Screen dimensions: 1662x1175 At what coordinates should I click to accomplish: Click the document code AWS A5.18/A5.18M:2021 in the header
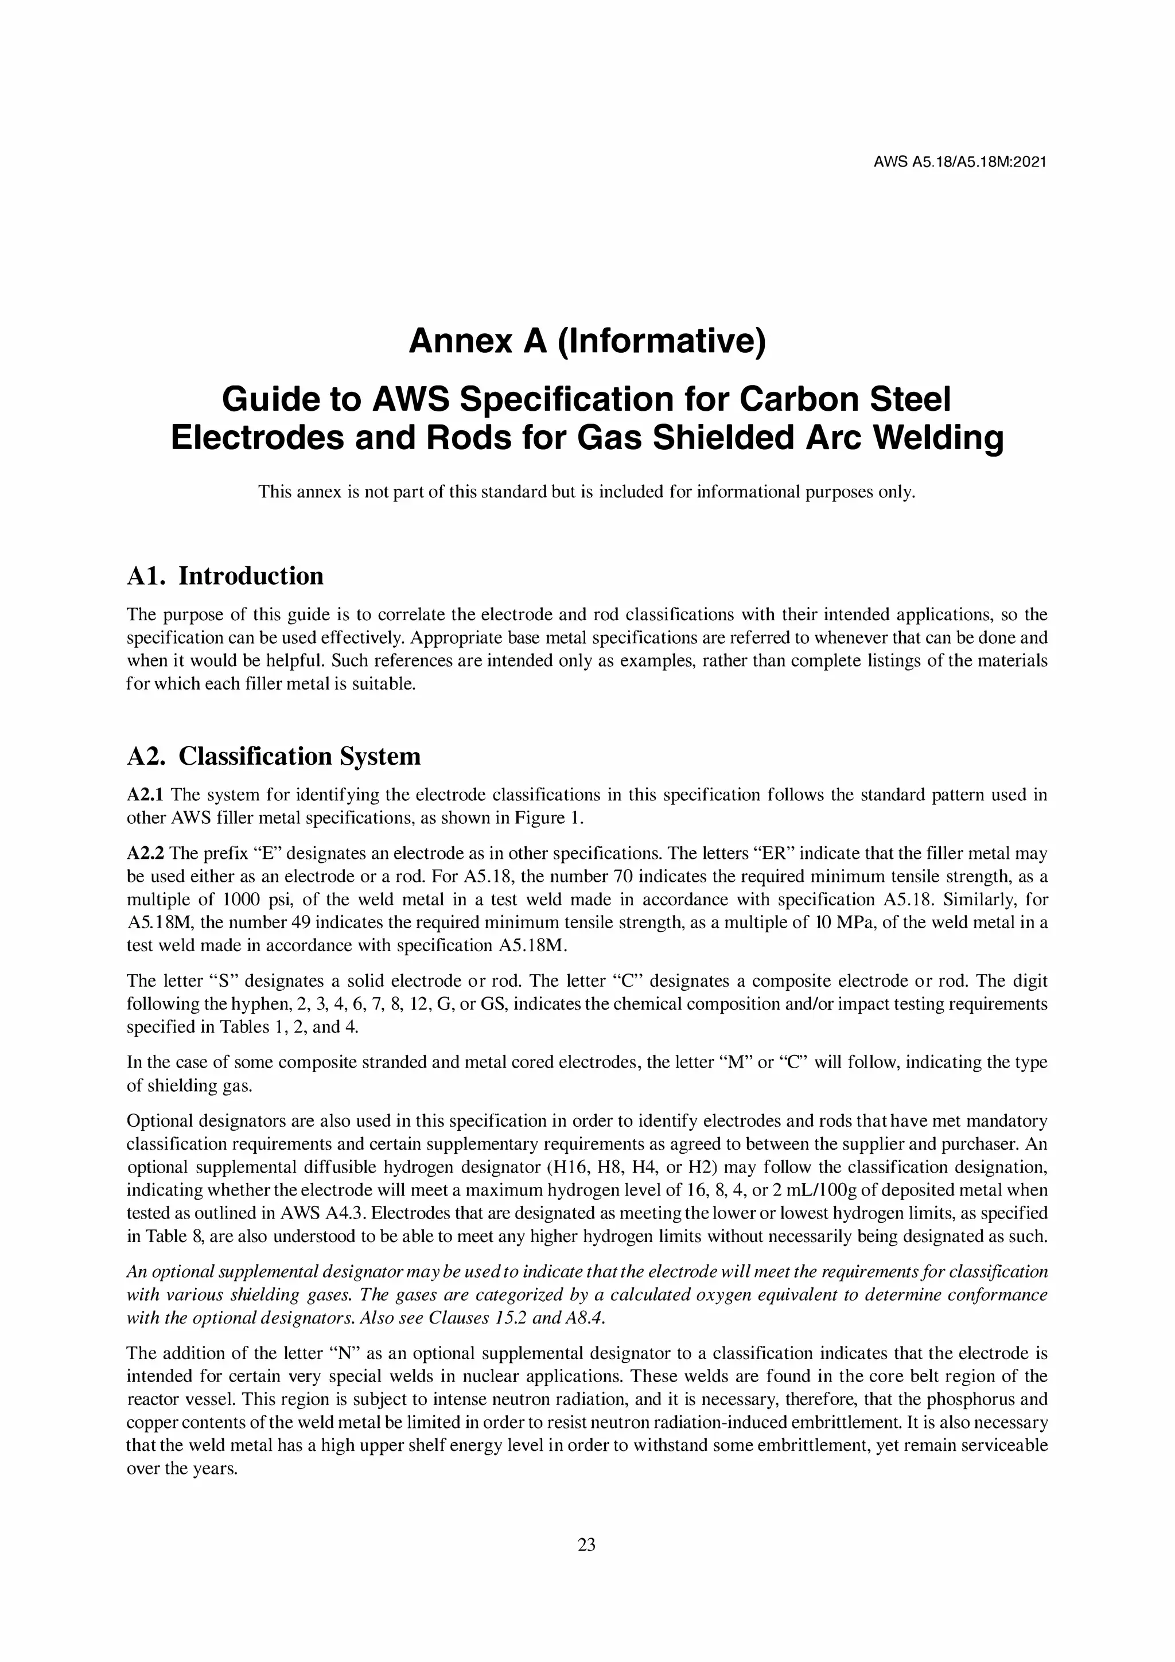(960, 162)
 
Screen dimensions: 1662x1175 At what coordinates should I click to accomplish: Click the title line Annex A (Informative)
(586, 341)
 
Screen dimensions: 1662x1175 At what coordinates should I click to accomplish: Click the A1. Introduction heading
(224, 576)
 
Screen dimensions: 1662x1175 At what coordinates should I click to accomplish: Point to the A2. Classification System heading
(273, 756)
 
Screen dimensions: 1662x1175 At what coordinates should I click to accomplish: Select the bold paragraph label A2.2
(146, 854)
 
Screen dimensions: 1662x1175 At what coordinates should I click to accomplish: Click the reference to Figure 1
(550, 819)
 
